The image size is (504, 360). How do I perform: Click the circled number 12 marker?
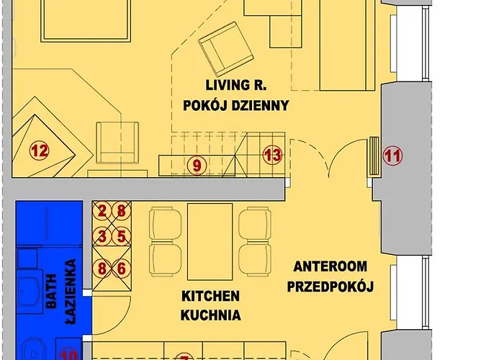pos(39,151)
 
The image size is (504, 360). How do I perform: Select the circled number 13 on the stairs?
pos(272,153)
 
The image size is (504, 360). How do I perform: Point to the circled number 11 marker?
pos(392,154)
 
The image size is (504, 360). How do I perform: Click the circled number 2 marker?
pos(103,211)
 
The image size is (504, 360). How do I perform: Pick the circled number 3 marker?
pos(103,236)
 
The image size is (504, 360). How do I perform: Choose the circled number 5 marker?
pos(122,236)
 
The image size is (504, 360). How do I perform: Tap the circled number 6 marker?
pos(122,268)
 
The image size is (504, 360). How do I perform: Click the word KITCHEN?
pos(210,296)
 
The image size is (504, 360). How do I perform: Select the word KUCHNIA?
pos(210,315)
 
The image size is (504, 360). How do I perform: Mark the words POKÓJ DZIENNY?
pos(236,105)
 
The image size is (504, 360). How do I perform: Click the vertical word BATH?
pos(51,294)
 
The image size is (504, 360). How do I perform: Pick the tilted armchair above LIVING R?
pos(224,45)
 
